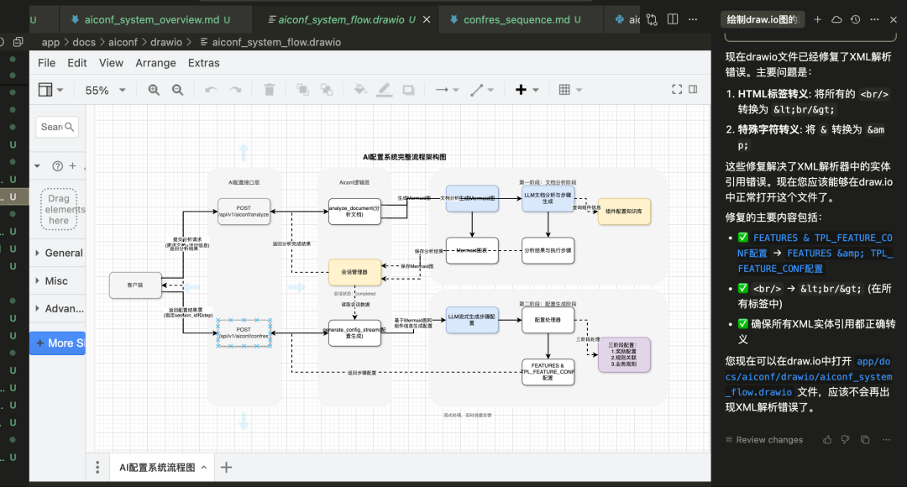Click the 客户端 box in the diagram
pos(135,285)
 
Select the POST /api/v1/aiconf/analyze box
pos(244,211)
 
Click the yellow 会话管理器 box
pos(354,272)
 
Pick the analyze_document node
pos(354,211)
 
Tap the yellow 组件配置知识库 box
pos(624,211)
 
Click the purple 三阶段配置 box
pos(623,353)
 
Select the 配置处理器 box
pos(548,320)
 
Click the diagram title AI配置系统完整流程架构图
pos(404,157)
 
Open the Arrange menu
pos(155,63)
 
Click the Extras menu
pos(203,63)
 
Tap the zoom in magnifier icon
pos(154,90)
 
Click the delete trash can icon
pos(269,90)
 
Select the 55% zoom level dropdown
pos(105,91)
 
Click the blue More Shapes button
pos(58,343)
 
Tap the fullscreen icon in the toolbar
pos(677,90)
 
